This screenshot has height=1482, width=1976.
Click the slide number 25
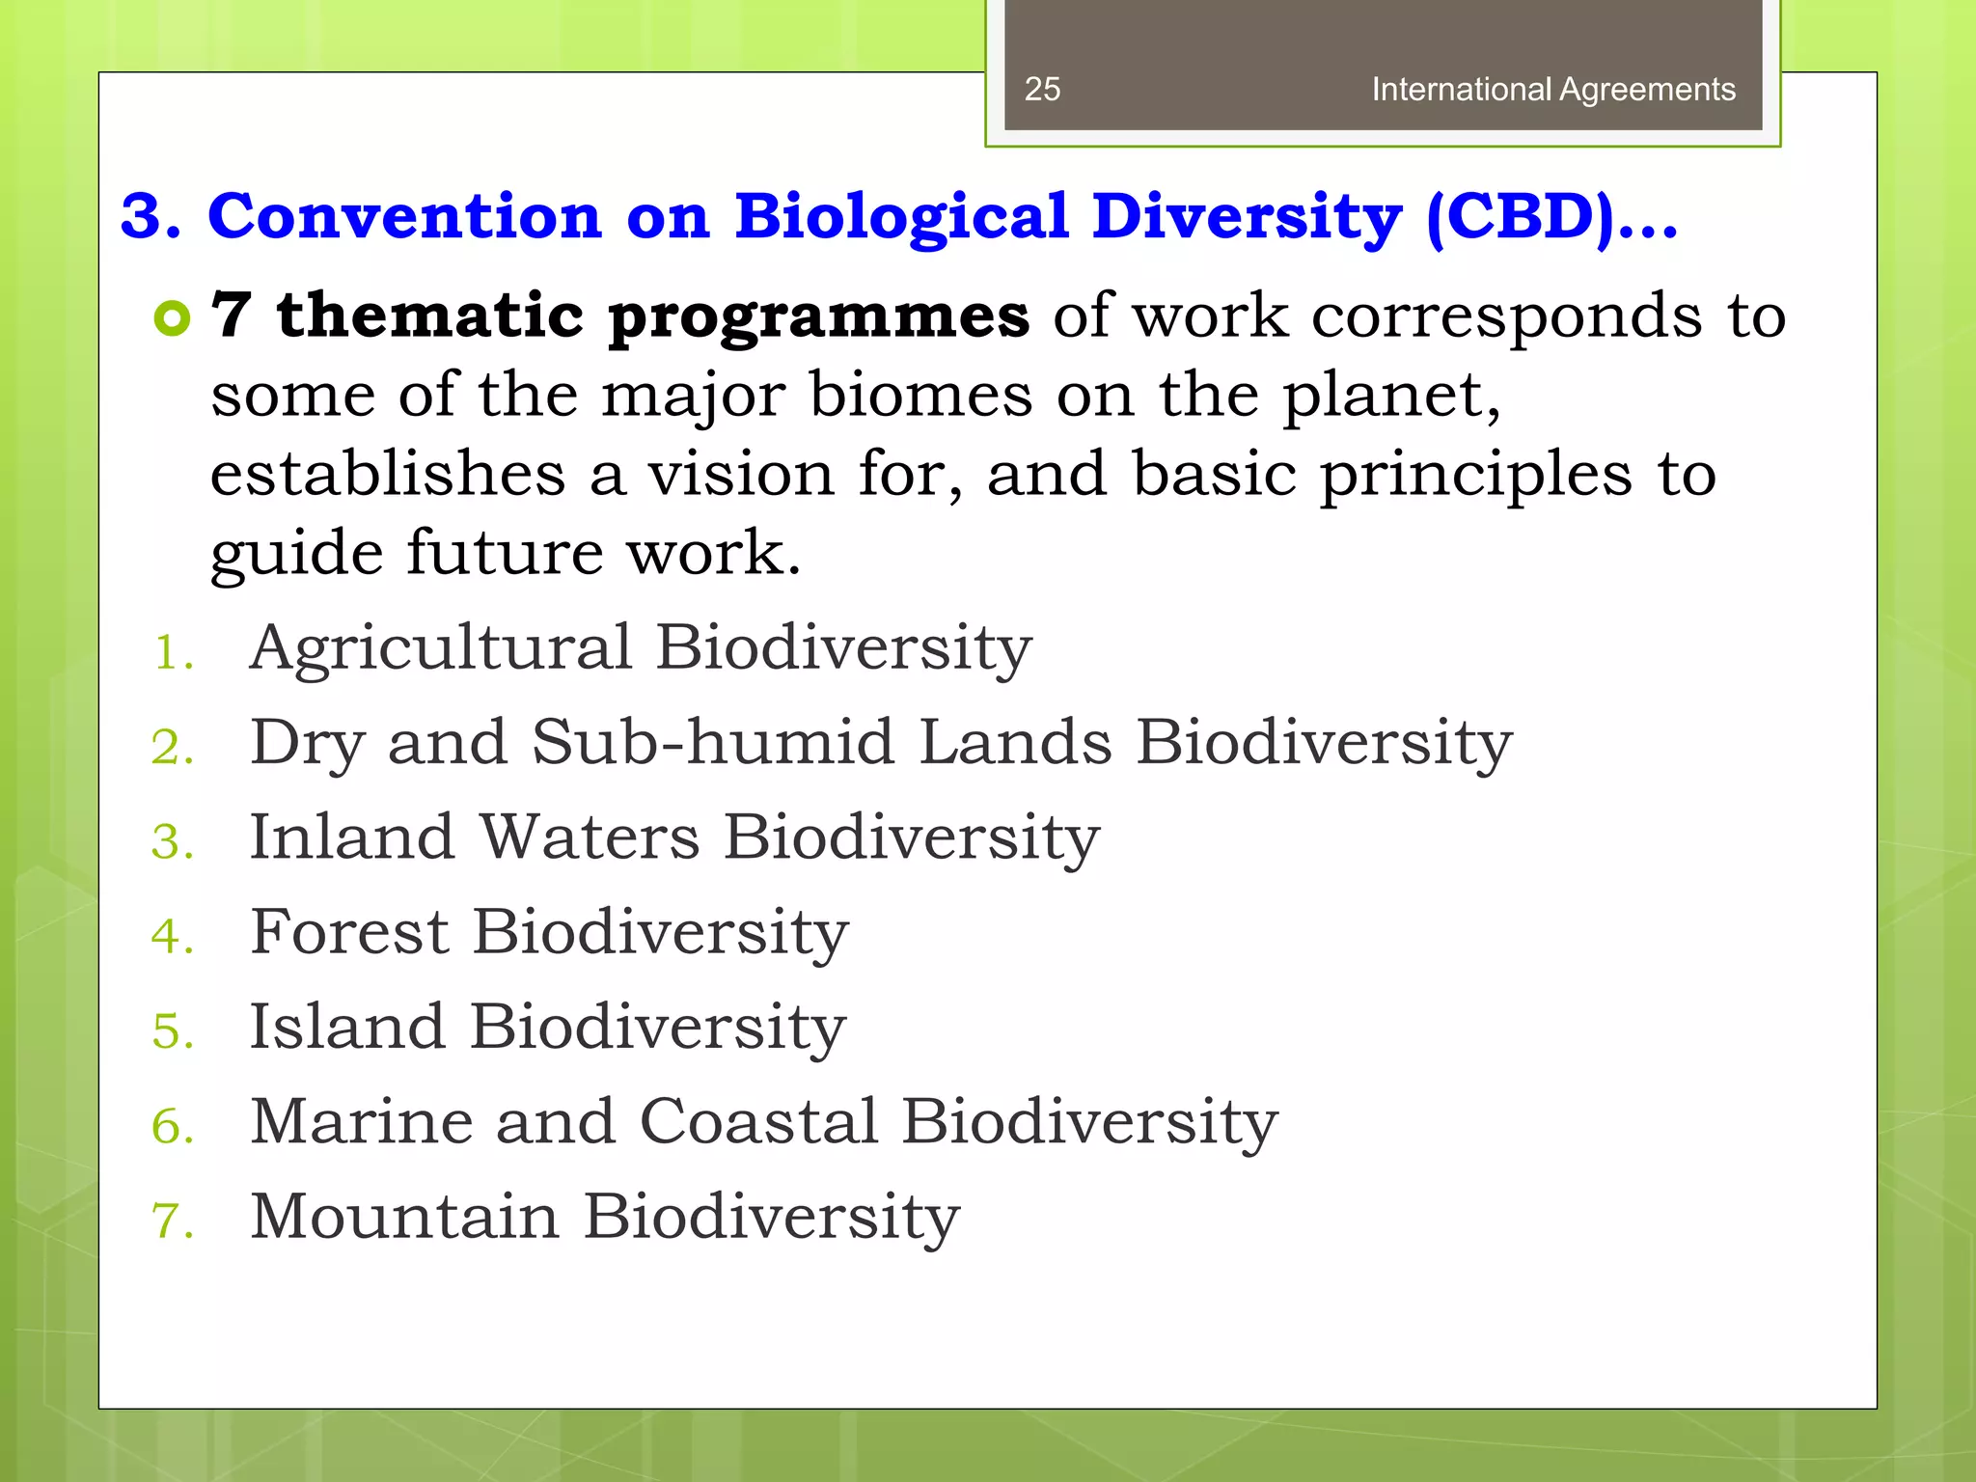tap(1042, 89)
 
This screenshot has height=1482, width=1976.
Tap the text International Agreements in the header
tap(1552, 89)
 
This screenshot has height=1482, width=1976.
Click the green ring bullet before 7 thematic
tap(173, 317)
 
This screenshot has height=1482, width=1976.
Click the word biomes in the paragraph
tap(920, 396)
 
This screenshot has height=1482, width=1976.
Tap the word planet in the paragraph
tap(1389, 398)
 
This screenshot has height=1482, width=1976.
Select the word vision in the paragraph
tap(740, 475)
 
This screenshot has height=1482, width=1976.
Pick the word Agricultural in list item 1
tap(441, 648)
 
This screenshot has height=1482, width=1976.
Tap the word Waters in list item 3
tap(590, 837)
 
